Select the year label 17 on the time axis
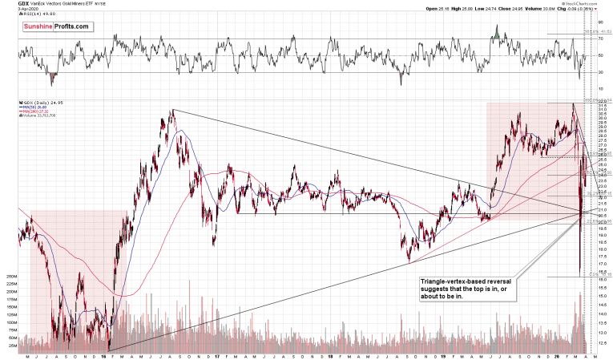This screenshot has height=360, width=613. click(x=217, y=355)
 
